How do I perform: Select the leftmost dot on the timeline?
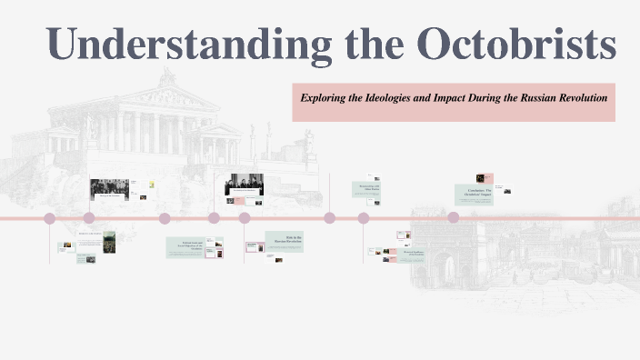click(x=50, y=218)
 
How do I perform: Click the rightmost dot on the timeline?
click(x=453, y=218)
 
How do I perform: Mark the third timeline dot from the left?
click(x=165, y=218)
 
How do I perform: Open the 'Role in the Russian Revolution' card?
click(x=283, y=242)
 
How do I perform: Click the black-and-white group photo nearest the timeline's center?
click(x=244, y=185)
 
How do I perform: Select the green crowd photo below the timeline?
click(x=109, y=243)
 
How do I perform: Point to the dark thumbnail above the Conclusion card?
click(x=480, y=179)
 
